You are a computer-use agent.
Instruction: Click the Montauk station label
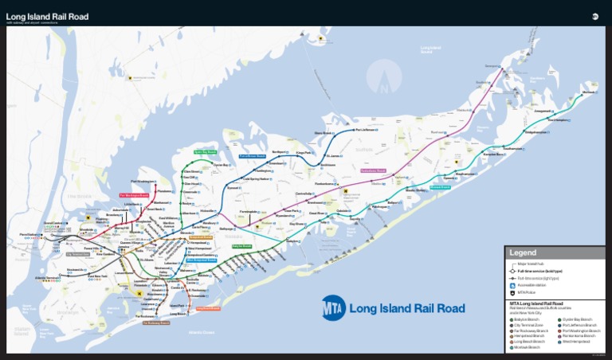588,93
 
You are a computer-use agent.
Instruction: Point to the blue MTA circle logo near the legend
333,307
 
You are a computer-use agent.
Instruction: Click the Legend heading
524,252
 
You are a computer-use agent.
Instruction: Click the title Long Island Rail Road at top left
47,17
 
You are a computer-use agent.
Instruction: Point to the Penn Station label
29,234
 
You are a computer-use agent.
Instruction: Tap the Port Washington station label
141,182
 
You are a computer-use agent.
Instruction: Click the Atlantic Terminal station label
47,277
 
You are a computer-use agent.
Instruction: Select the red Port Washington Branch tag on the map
134,195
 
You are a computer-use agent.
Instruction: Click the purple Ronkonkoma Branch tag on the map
373,170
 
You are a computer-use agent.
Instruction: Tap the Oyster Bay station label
221,165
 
